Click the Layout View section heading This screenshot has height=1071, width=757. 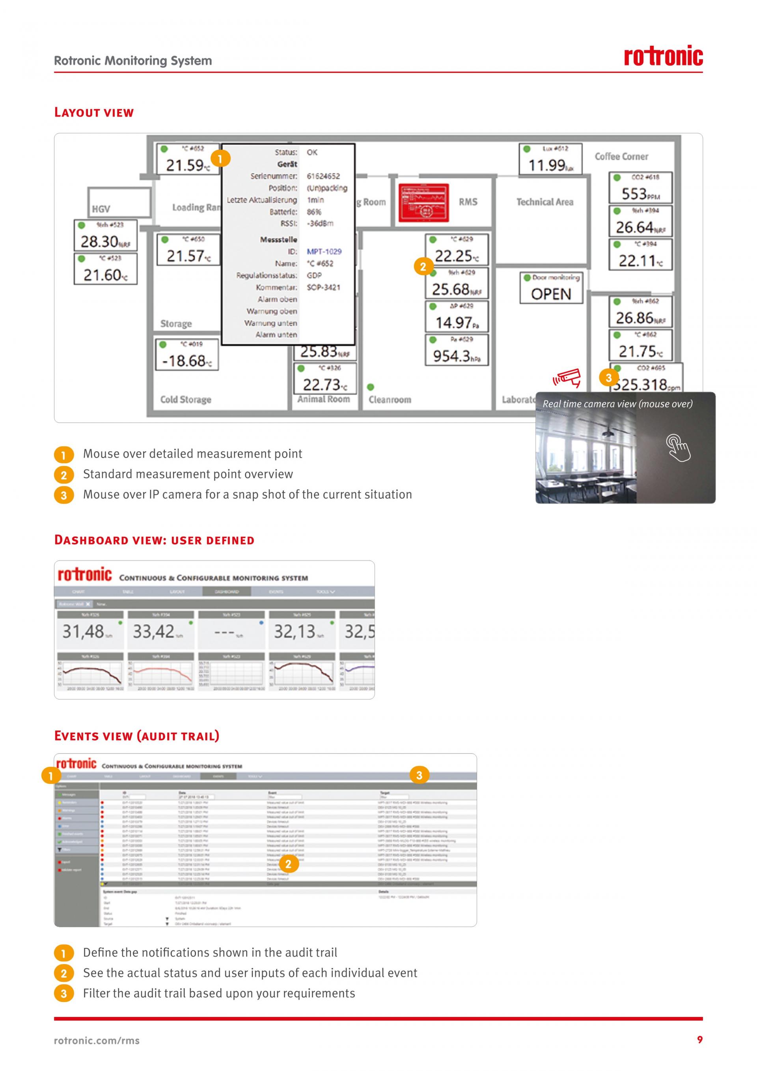[94, 112]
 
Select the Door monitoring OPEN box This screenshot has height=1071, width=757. [551, 288]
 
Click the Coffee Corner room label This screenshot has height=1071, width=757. [621, 157]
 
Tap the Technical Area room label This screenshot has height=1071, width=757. [544, 202]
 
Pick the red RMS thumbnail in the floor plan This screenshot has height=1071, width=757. [424, 202]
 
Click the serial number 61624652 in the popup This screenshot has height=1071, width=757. [323, 176]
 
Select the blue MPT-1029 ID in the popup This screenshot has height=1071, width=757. [324, 251]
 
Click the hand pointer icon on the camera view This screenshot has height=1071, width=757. [678, 447]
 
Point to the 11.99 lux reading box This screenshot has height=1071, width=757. [550, 159]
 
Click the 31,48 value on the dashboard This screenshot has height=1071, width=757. [84, 632]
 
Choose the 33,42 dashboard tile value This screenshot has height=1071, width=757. [154, 632]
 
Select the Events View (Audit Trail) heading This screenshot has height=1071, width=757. [136, 736]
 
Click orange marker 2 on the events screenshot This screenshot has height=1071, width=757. [288, 864]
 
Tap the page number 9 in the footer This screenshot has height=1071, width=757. [699, 1039]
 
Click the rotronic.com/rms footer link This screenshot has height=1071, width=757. [97, 1041]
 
